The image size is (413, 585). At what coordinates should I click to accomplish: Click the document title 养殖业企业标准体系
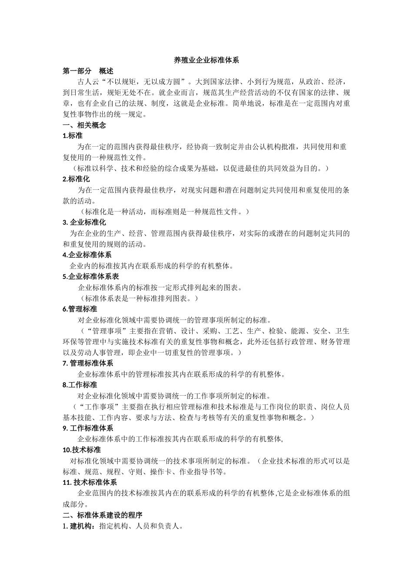coord(206,61)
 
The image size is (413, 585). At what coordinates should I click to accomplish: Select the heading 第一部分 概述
coord(88,71)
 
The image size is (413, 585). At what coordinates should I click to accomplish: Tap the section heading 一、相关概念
coord(84,125)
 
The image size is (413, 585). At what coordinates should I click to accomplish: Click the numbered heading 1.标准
coord(73,136)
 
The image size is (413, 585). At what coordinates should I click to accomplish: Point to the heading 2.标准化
coord(76,179)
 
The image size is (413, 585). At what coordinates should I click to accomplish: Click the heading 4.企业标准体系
coord(87,255)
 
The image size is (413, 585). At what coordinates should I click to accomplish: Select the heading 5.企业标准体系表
coord(91,276)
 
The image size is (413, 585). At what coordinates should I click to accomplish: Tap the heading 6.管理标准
coord(80,309)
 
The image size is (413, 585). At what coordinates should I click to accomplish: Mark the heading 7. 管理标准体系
coord(88,363)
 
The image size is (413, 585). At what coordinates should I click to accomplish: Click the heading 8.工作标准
coord(80,385)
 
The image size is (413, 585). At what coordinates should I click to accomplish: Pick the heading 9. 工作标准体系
coord(88,428)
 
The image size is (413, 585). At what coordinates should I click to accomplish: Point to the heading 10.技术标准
coord(82,450)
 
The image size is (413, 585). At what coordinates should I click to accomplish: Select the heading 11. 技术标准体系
coord(90,482)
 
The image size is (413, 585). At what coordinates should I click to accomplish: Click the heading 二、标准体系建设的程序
coord(103,515)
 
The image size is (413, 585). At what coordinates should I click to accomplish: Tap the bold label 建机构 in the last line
coord(81,526)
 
